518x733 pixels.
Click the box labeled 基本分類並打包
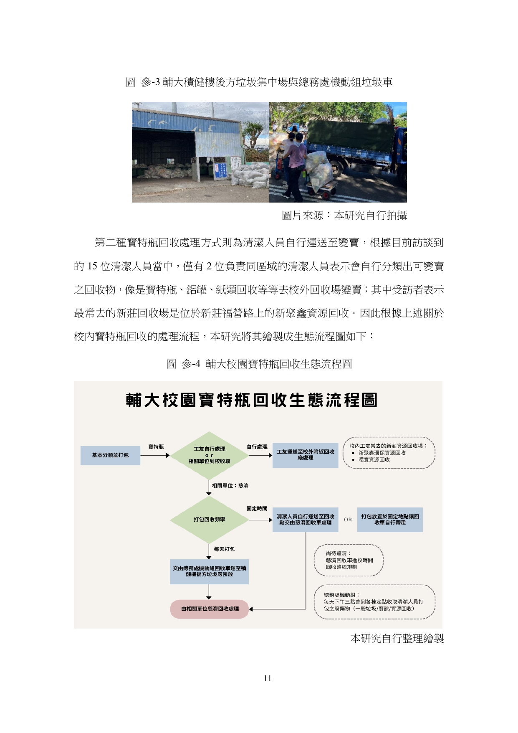pos(110,455)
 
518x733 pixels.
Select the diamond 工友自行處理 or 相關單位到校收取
pos(209,455)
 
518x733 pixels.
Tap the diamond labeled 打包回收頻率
pos(209,520)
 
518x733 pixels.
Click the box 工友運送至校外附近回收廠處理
pos(305,455)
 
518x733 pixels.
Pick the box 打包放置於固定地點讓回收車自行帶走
pos(390,520)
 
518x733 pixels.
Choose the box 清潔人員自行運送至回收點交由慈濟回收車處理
pos(305,520)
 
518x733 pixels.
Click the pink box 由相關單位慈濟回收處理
pos(210,609)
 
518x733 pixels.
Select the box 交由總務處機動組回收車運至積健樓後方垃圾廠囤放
pos(209,571)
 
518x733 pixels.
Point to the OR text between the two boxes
pos(348,520)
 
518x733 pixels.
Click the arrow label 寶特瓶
pos(156,447)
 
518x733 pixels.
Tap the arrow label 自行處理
pos(257,447)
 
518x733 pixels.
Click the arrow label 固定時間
pos(257,509)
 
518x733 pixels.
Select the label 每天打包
pos(224,549)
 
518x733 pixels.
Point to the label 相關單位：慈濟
pos(230,486)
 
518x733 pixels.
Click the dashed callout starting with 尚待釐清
pos(349,560)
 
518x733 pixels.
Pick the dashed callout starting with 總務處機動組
pos(374,602)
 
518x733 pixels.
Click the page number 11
pos(268,678)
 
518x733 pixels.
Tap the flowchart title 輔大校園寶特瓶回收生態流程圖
pos(252,400)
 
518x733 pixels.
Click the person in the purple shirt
pos(296,161)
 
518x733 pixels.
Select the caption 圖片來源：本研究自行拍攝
pos(344,216)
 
